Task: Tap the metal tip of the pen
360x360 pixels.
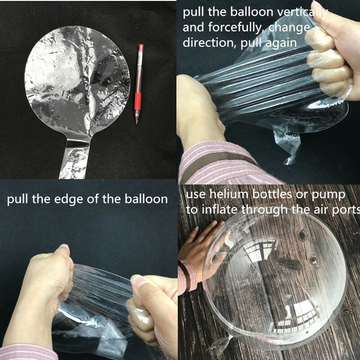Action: [x=137, y=120]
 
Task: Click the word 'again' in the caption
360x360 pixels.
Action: [x=282, y=44]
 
